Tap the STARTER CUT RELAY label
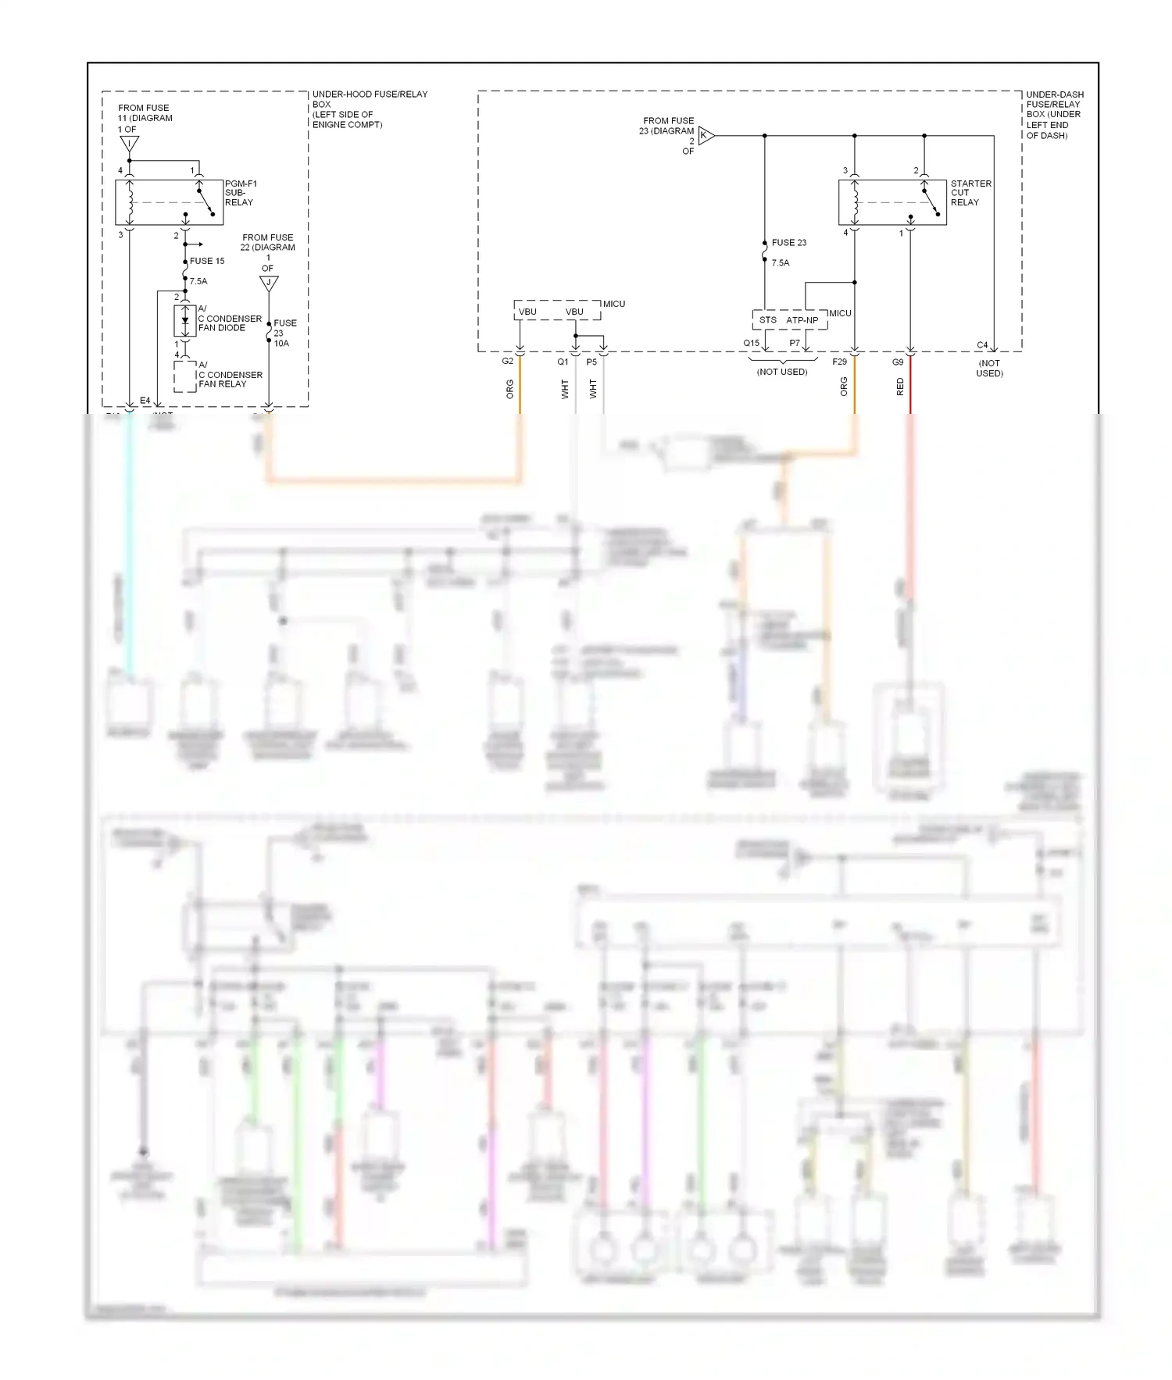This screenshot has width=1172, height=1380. [970, 193]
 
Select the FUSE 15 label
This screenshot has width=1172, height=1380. [207, 261]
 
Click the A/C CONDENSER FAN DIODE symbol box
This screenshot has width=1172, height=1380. [184, 321]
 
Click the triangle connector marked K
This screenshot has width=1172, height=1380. [706, 136]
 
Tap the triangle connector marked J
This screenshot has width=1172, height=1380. [269, 283]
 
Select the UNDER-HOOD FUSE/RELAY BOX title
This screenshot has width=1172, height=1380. [369, 109]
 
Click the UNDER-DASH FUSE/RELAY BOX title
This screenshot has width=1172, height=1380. [1054, 114]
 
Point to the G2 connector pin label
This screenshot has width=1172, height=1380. [508, 362]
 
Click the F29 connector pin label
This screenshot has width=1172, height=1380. [839, 362]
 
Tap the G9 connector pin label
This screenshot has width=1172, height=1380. [898, 362]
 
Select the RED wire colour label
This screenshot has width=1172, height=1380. [900, 387]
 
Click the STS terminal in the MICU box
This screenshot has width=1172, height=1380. [767, 320]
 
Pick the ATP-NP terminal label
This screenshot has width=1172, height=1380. [802, 320]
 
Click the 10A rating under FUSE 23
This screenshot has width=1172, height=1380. [281, 344]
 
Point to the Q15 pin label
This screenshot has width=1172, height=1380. [751, 344]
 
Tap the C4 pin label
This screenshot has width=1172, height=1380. [982, 345]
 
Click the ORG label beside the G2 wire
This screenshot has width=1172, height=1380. [510, 389]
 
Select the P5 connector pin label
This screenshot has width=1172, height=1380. [591, 362]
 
